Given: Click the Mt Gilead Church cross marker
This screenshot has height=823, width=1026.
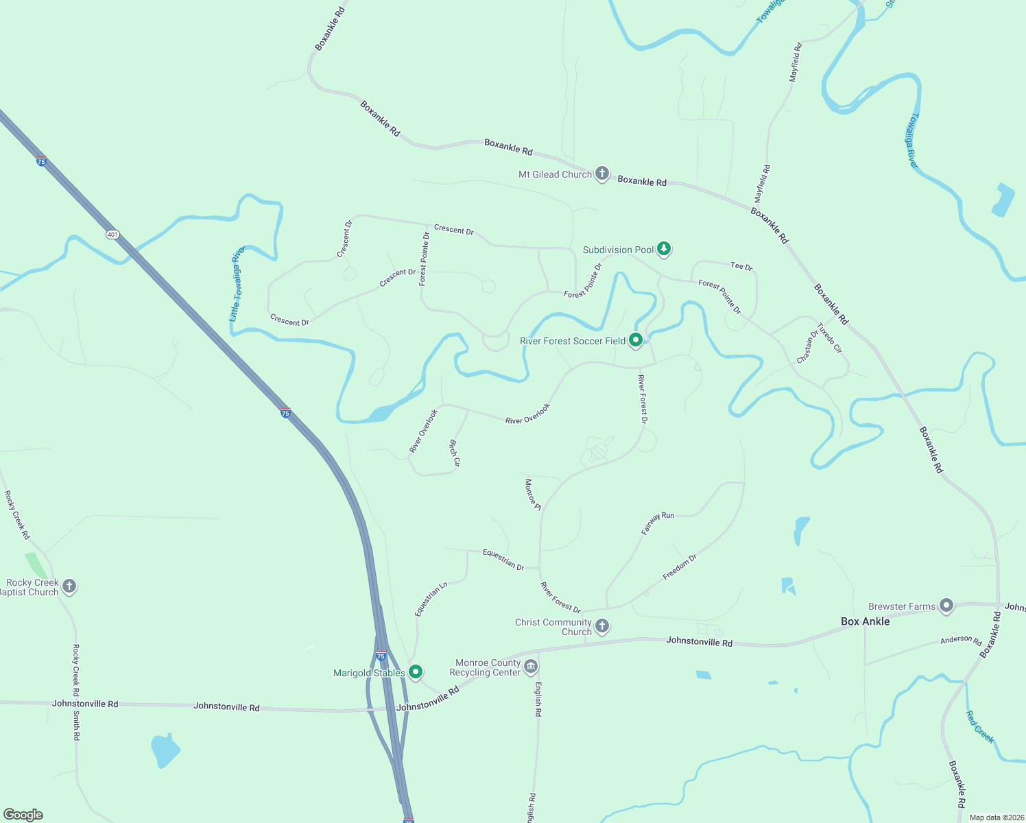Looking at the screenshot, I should (x=601, y=174).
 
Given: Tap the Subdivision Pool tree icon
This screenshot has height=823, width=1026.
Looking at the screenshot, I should (x=663, y=249).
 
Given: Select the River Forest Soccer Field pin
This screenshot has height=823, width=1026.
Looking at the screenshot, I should (x=636, y=339).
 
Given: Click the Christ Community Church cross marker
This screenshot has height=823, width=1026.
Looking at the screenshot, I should (x=601, y=625).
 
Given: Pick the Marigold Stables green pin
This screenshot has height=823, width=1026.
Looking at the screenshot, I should (x=415, y=672).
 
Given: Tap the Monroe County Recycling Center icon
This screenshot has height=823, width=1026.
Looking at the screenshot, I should (x=531, y=667).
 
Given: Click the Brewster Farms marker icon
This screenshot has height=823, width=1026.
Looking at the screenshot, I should (x=946, y=606).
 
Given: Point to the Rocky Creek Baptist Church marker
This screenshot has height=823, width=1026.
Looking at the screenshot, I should (x=69, y=586).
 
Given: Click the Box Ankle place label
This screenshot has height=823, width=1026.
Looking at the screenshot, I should (x=865, y=621).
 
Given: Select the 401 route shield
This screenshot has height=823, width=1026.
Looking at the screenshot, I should (x=112, y=235).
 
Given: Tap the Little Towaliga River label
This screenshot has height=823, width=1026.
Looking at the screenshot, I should (x=237, y=284).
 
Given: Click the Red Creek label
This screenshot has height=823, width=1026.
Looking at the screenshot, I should (x=980, y=727).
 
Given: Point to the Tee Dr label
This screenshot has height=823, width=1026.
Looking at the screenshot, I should (x=741, y=266).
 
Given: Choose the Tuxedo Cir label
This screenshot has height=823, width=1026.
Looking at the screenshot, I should (x=829, y=337).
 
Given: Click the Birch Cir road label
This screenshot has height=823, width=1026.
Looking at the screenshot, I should (x=454, y=453).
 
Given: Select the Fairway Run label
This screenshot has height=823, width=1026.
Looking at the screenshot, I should (x=658, y=523).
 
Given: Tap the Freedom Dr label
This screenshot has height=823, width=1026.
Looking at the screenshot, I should (x=680, y=567).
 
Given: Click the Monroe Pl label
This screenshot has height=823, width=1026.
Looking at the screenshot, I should (x=533, y=494).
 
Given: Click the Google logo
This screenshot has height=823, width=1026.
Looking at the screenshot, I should (x=23, y=815).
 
